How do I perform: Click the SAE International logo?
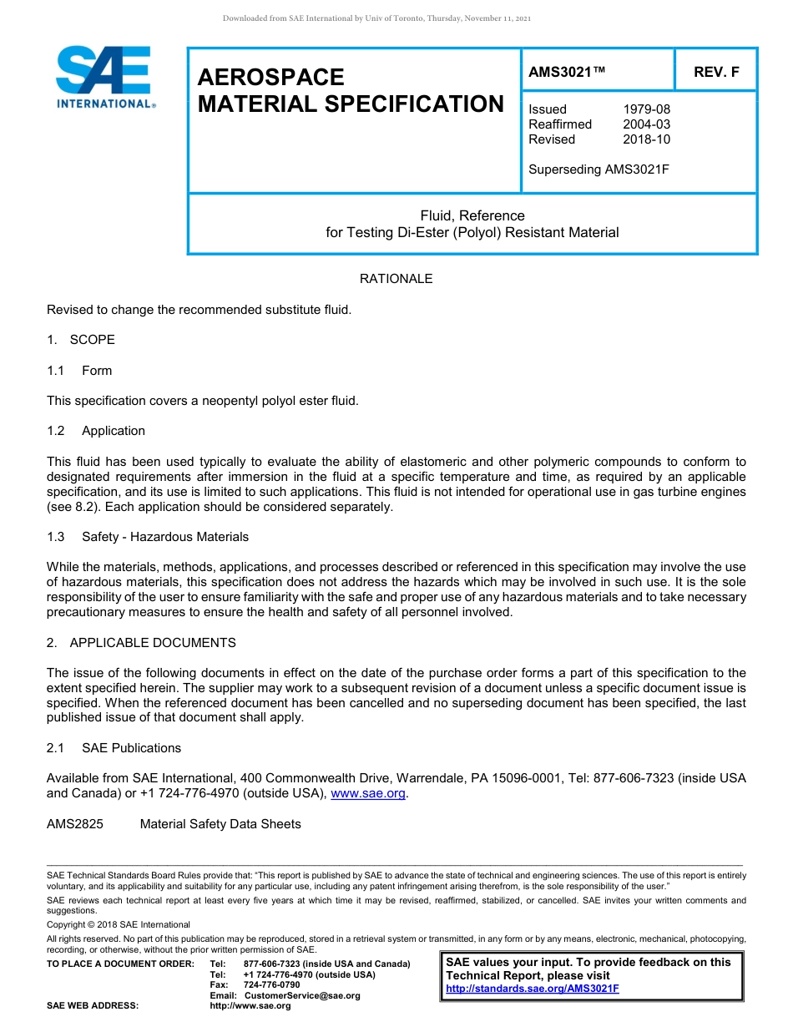(104, 77)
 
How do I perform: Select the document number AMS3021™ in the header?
(567, 73)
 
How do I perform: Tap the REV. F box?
(715, 73)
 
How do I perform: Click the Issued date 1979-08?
(646, 109)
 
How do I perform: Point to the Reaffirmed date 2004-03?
(646, 124)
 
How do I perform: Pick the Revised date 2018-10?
(646, 139)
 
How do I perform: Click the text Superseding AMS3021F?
(599, 169)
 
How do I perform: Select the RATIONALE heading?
(396, 279)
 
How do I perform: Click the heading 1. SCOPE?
(81, 340)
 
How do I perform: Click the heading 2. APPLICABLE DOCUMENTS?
(141, 643)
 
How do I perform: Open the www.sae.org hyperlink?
(368, 794)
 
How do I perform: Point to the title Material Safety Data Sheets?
(220, 824)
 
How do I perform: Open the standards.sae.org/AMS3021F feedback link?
(533, 989)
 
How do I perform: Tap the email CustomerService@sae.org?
(302, 995)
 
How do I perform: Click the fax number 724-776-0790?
(271, 985)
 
